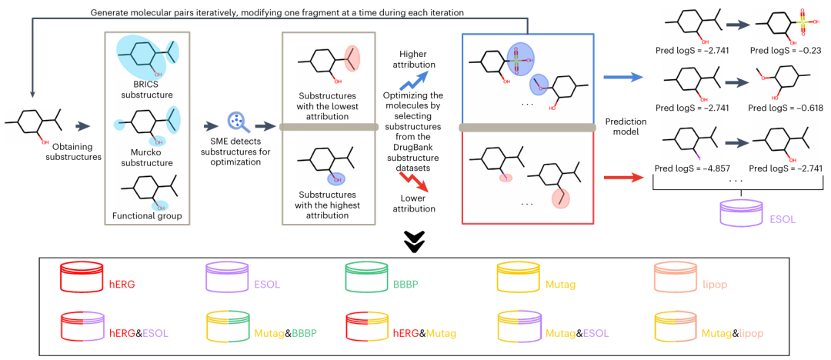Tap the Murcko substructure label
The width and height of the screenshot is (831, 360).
tap(144, 157)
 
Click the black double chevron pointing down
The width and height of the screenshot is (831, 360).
tap(415, 243)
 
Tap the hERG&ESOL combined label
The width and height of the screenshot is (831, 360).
tap(138, 333)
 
